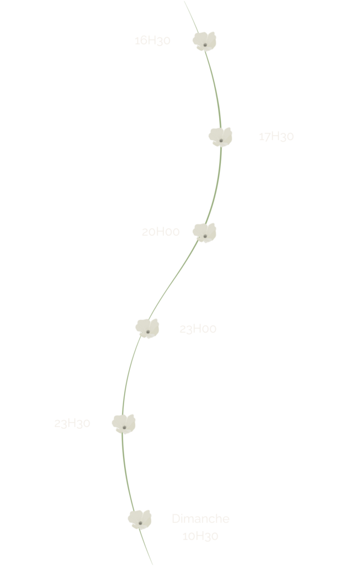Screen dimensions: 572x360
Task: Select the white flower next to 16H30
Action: [205, 41]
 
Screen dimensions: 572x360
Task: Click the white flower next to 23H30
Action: [124, 423]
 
